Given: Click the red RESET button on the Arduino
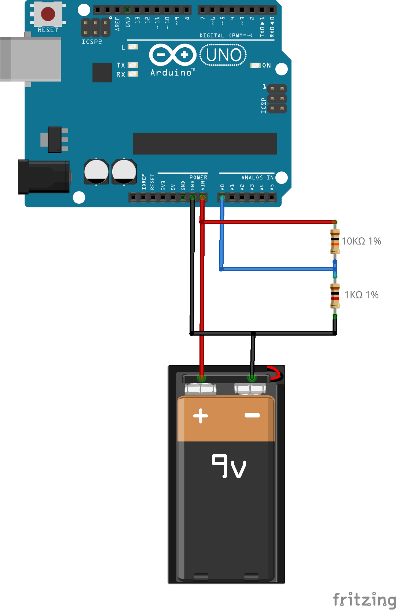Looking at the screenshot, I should [48, 14].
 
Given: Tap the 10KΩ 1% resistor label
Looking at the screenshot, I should [361, 241].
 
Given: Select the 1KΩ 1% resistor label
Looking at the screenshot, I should [361, 295].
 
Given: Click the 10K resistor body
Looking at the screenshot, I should [335, 241].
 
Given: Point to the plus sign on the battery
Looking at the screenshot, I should [201, 415].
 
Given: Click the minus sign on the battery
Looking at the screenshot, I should [252, 415].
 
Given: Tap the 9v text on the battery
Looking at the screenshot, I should [229, 466].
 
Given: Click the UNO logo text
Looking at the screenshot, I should [223, 55].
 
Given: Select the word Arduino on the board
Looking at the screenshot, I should [171, 73].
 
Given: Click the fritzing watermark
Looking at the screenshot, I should [364, 600].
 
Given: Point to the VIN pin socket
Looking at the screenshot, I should [202, 198].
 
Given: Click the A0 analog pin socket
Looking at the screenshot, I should [222, 198].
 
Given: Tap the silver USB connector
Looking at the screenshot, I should [31, 59].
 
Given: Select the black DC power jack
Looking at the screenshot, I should [44, 177].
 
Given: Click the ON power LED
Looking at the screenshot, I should [255, 65].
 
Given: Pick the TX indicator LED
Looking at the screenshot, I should [133, 65].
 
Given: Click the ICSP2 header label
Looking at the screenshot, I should [92, 42].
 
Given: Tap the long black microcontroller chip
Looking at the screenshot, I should [205, 144].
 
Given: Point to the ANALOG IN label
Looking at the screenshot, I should [257, 177].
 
